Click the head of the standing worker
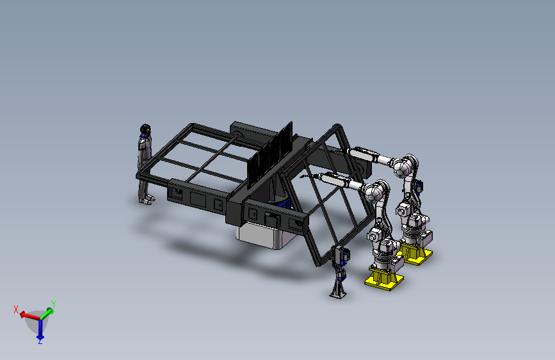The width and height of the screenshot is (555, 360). tap(145, 129)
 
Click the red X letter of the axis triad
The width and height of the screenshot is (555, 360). tap(16, 309)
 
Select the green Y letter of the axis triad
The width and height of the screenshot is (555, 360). tap(54, 304)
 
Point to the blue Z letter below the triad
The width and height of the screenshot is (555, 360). tap(40, 341)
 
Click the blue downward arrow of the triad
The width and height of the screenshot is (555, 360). tap(40, 329)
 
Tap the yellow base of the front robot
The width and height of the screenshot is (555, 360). tap(384, 278)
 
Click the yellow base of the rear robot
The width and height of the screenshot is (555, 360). tap(417, 254)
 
